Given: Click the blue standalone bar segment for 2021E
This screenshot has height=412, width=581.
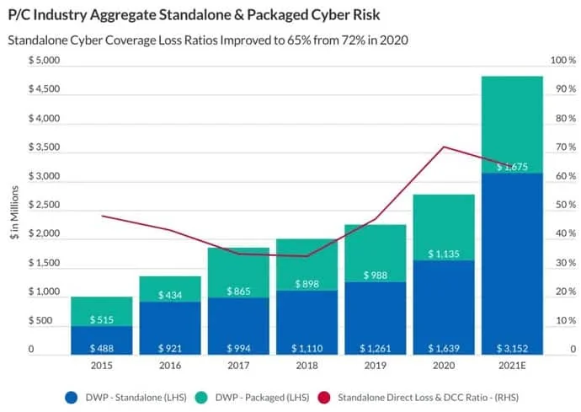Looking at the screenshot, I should [x=512, y=261].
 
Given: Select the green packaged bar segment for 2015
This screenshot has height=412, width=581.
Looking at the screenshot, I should [x=101, y=311].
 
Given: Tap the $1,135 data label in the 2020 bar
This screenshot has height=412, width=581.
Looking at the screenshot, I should [x=443, y=253].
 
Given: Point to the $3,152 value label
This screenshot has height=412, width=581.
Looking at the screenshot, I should [x=512, y=347].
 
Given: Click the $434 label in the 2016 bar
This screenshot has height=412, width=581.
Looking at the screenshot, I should [x=170, y=294].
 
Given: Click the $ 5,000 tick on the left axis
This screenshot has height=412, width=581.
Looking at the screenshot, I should [x=43, y=61].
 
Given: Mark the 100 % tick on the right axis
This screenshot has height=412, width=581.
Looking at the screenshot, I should [x=562, y=61].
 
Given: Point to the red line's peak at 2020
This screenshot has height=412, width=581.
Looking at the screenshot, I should [x=443, y=147].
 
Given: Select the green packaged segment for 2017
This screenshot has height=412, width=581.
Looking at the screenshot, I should [x=238, y=272].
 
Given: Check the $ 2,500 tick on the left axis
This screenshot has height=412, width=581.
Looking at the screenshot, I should [x=43, y=205].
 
